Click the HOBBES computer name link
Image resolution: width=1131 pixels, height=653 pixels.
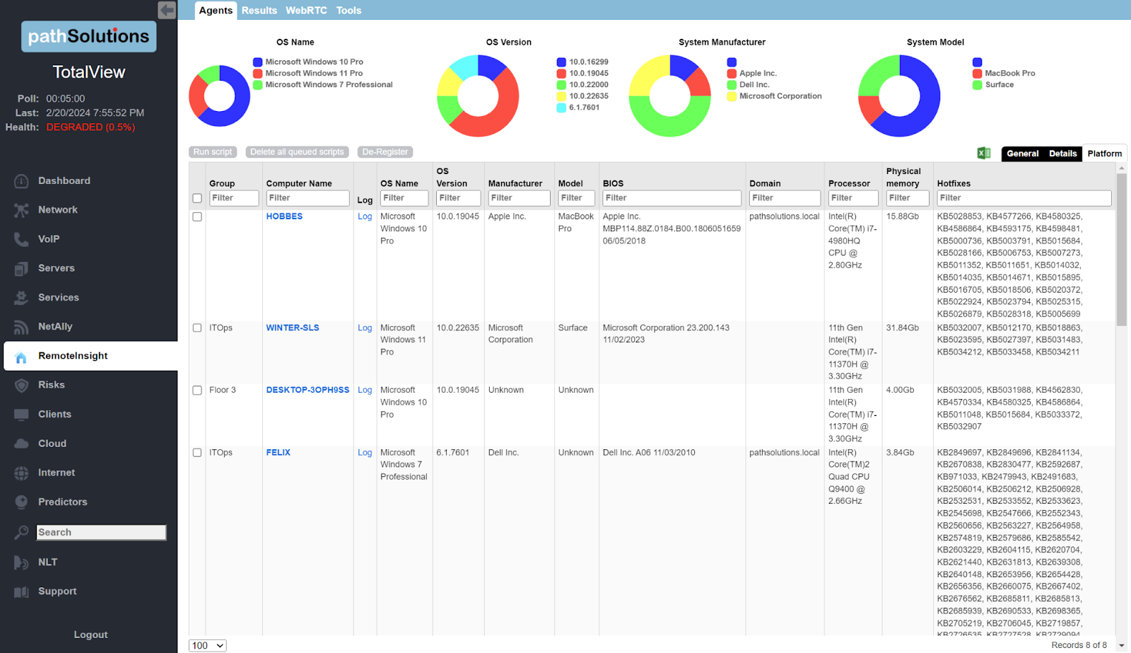click(284, 216)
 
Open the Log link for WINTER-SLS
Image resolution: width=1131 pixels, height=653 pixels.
click(365, 328)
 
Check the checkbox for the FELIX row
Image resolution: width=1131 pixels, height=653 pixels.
click(197, 453)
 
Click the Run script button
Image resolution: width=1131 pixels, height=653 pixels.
click(213, 152)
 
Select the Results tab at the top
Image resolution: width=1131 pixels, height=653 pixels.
click(259, 11)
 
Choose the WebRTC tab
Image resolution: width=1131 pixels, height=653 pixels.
click(306, 11)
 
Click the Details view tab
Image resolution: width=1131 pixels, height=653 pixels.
click(1062, 154)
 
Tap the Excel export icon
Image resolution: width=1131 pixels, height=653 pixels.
click(983, 153)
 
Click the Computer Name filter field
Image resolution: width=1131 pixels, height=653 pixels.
click(307, 198)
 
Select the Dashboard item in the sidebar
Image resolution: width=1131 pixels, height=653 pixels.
click(64, 181)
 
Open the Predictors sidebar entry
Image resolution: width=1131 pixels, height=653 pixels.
click(62, 502)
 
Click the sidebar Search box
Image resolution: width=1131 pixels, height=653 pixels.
click(101, 532)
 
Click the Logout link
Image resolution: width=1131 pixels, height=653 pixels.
click(90, 635)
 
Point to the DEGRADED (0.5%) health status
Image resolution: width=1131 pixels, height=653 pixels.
click(90, 127)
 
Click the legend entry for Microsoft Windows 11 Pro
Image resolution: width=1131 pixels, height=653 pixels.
click(314, 74)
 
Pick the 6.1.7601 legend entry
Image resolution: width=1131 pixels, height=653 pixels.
click(584, 108)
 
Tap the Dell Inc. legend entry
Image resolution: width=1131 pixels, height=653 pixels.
click(754, 85)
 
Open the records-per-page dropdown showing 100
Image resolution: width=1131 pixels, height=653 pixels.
click(208, 645)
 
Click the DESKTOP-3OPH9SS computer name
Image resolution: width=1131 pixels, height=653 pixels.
click(307, 390)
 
